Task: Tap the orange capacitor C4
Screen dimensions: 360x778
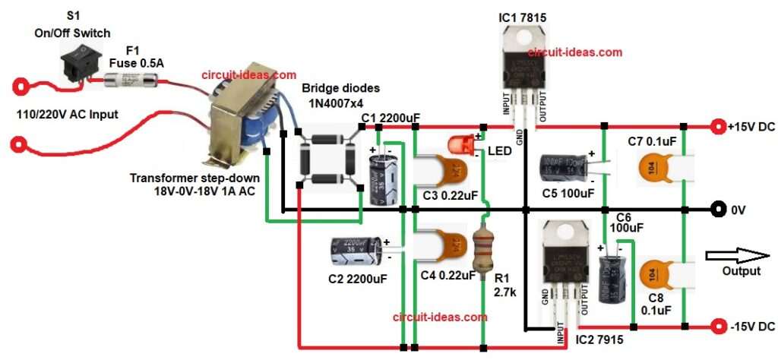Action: point(442,242)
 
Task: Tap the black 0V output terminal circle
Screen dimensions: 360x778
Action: point(716,209)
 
